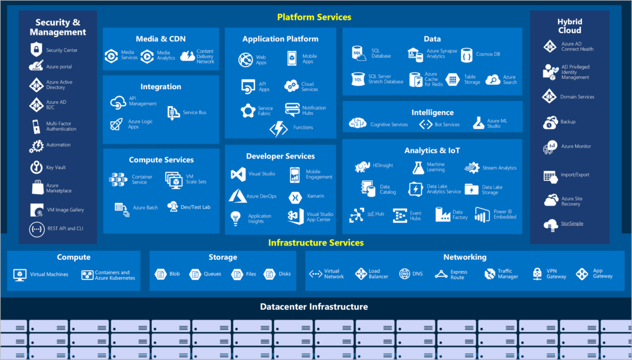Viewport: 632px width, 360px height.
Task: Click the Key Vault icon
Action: click(36, 167)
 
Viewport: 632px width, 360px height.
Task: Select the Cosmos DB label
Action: click(488, 54)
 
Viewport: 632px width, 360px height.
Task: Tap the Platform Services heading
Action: click(314, 17)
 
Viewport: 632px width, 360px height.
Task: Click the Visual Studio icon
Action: click(238, 174)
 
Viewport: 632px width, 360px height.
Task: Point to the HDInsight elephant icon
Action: click(362, 166)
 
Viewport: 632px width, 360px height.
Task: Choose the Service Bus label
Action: click(194, 112)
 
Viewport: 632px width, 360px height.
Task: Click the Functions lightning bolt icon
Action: click(279, 128)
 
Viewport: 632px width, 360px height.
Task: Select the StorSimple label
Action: click(572, 223)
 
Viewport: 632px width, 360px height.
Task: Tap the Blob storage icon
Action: click(160, 274)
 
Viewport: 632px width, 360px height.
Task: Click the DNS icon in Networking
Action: click(404, 274)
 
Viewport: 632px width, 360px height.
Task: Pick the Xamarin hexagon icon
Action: click(295, 197)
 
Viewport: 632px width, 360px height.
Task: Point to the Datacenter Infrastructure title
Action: click(314, 307)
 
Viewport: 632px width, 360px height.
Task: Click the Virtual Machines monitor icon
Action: click(20, 274)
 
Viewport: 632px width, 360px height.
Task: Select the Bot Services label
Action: click(447, 125)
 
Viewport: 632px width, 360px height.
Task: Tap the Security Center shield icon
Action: click(36, 49)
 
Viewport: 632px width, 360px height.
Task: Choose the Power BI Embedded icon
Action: click(482, 214)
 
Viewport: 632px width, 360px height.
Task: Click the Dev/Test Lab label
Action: click(195, 207)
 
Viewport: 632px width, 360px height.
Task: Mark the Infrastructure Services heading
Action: click(316, 243)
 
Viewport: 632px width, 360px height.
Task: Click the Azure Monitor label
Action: click(576, 146)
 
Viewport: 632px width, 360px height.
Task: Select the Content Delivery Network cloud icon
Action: click(187, 56)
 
